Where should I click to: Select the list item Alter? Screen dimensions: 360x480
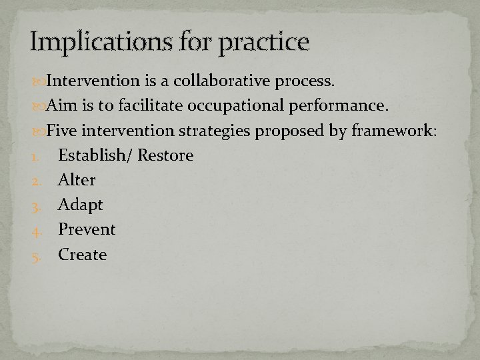pyautogui.click(x=77, y=180)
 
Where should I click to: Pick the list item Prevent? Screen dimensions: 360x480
pyautogui.click(x=87, y=229)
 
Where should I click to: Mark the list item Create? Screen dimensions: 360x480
pyautogui.click(x=82, y=254)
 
